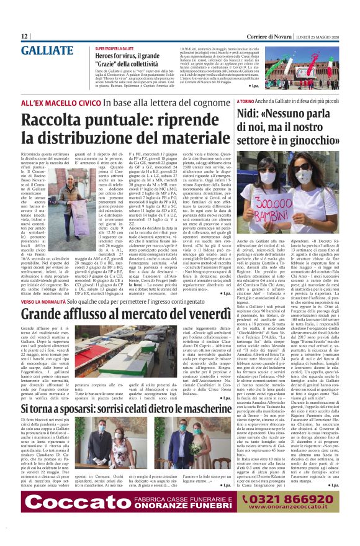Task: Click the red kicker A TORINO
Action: [246, 101]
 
